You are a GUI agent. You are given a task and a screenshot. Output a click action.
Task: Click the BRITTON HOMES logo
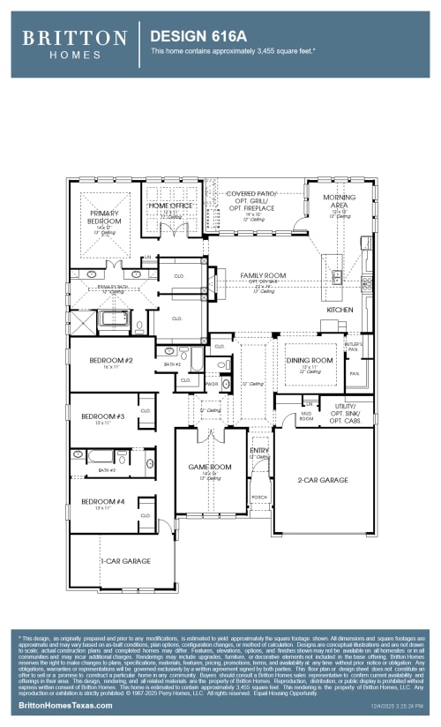(74, 42)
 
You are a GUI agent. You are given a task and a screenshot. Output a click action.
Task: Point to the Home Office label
(170, 206)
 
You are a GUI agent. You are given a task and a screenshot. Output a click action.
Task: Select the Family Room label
(263, 276)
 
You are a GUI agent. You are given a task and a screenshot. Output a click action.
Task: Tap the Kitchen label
(340, 311)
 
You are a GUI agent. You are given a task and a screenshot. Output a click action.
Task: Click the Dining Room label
(310, 360)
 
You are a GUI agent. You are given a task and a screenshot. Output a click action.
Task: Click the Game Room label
(209, 467)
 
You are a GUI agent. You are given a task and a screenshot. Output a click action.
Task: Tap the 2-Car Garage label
(323, 480)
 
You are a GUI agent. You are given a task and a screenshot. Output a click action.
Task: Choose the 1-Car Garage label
(124, 560)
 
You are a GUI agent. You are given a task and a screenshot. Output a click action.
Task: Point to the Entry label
(259, 450)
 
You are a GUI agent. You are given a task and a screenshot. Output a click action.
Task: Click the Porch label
(259, 497)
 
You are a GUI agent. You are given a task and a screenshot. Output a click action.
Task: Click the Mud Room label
(307, 416)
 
